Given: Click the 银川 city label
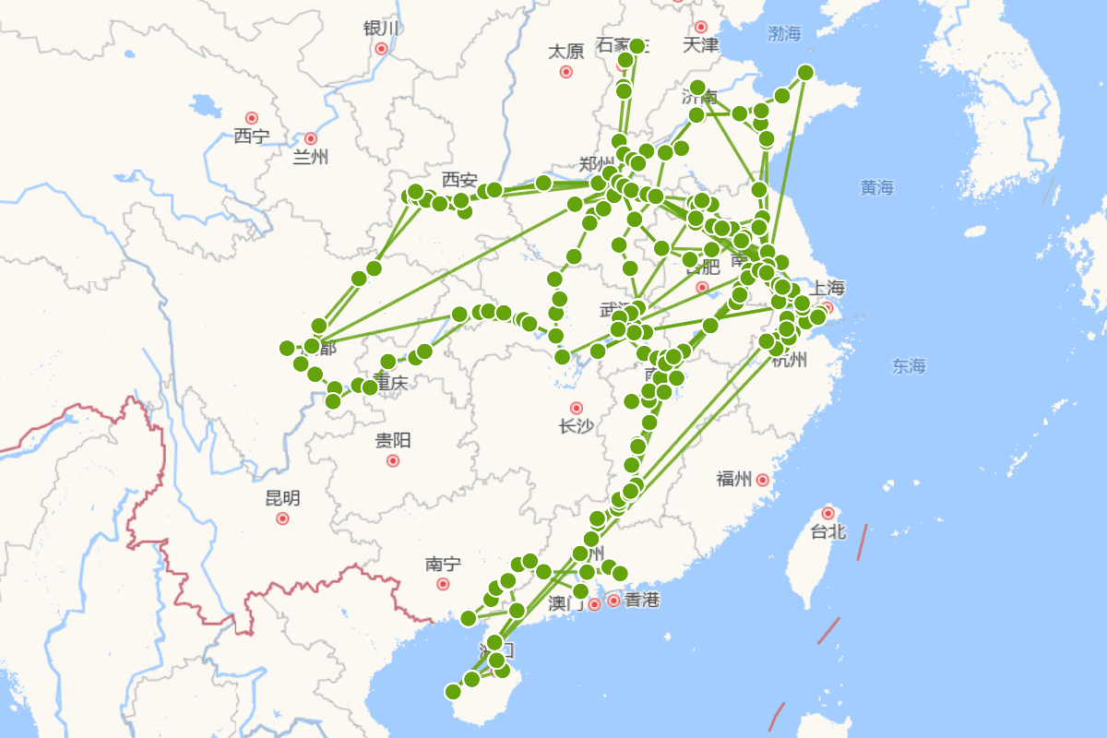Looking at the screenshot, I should coord(381,28).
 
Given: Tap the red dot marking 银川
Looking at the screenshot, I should coord(381,48).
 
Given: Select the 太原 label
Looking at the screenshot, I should coord(565,51).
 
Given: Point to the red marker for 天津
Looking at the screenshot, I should coord(701,27).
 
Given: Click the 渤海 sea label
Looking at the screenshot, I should coord(785,34).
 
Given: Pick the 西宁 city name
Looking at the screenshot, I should coord(251,137).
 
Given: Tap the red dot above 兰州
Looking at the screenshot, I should coord(311,138).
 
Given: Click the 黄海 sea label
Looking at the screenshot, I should coord(877,187).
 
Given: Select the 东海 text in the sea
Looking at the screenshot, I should coord(909,366).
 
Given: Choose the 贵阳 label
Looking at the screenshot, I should coord(393,440).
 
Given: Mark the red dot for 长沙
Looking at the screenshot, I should coord(577,408).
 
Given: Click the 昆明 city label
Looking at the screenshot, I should coord(282,498).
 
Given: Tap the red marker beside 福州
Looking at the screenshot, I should coord(763,480).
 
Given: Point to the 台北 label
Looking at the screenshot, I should coord(828,531).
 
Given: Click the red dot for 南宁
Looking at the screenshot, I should coord(443,584).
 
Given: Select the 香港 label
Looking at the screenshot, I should coord(642,601).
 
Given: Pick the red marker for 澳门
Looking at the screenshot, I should coord(595,604).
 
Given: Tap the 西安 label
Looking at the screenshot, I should coord(459,178).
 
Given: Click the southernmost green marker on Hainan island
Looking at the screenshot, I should coord(453,692).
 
